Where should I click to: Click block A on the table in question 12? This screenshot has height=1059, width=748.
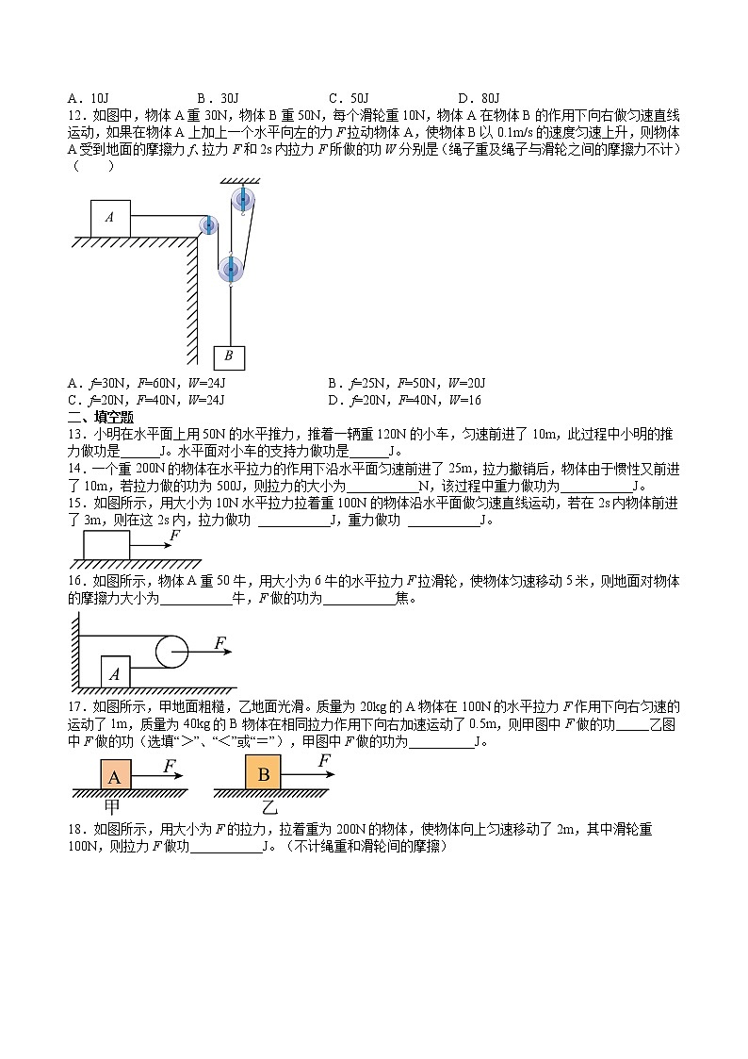point(110,218)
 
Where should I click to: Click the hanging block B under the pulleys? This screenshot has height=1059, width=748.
point(229,356)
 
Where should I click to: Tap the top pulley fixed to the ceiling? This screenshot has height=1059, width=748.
point(242,199)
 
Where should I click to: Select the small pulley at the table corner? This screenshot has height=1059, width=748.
point(208,225)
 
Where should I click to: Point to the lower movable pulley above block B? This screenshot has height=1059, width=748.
point(231,270)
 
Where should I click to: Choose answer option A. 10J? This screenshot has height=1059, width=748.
point(89,98)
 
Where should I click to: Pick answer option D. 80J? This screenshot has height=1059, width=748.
point(478,98)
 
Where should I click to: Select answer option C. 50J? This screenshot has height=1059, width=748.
point(349,98)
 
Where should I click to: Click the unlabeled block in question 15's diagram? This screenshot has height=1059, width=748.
point(106,546)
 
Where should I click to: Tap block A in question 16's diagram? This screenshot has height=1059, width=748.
point(115,671)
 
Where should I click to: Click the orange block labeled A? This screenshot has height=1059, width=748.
point(115,776)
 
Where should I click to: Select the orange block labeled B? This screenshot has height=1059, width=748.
point(264,774)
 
